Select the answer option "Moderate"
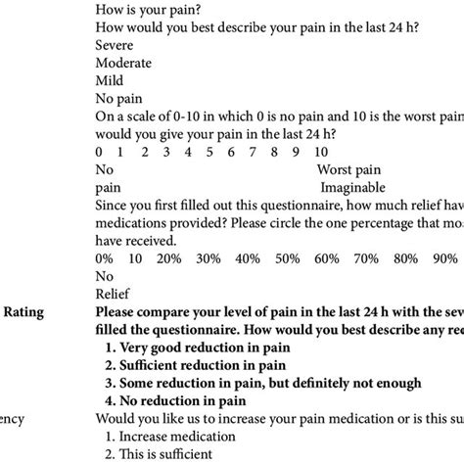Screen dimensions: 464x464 point(124,63)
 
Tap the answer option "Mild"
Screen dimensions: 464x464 point(110,80)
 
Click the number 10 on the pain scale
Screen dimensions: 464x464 point(321,152)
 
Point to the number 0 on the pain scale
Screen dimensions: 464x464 point(99,152)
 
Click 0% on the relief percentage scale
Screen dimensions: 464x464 point(106,257)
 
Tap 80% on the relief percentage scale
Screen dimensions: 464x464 point(402,257)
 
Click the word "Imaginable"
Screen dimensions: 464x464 point(350,187)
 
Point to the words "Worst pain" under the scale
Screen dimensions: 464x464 point(349,169)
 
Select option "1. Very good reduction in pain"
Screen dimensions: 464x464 point(207,347)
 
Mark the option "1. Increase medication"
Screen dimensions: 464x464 point(176,436)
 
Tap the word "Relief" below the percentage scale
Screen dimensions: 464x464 point(113,293)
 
